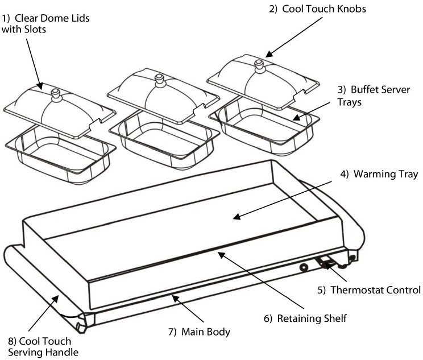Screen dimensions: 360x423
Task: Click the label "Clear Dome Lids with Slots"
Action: (x=45, y=23)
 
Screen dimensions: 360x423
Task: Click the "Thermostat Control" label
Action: (x=369, y=289)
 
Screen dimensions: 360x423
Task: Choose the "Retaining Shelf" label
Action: (x=306, y=318)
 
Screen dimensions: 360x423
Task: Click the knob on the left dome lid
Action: (x=56, y=94)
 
